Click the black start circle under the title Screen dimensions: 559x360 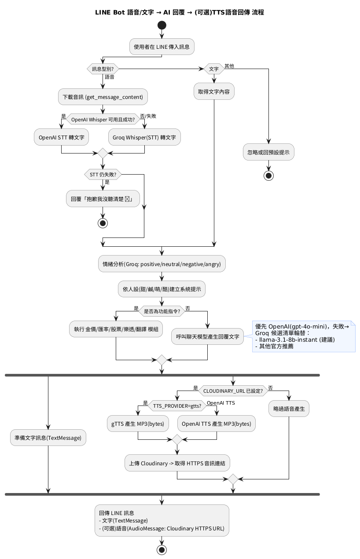(162, 25)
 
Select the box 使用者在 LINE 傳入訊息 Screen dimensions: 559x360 (162, 47)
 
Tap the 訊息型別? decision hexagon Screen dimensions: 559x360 (103, 69)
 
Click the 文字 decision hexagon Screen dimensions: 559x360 (213, 69)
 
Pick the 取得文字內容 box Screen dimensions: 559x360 (214, 91)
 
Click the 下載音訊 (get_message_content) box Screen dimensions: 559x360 (103, 97)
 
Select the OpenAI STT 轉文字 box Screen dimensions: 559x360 (61, 138)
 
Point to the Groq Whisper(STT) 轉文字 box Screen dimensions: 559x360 (144, 138)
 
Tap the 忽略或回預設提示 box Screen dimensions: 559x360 (268, 152)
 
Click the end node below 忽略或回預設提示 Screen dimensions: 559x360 (268, 175)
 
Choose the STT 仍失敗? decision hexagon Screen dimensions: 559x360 (103, 175)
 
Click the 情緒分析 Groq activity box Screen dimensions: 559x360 (162, 264)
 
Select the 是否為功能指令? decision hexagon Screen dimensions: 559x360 (162, 311)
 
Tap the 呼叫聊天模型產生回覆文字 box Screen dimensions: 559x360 (207, 336)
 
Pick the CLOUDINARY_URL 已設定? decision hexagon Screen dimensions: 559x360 (233, 390)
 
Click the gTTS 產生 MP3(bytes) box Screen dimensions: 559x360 (138, 424)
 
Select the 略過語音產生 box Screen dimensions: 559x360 (289, 409)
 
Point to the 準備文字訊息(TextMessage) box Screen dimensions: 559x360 (48, 438)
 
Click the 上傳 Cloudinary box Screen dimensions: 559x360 (177, 463)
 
